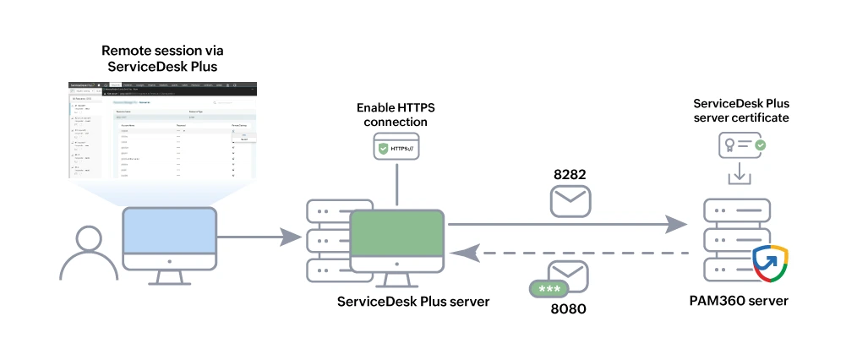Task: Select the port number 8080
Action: [566, 308]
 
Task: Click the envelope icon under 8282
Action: [570, 202]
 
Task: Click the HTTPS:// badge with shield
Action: [396, 149]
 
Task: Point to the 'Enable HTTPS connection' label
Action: [396, 115]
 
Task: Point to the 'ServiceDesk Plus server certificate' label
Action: [740, 111]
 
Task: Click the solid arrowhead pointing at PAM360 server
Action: [676, 224]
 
